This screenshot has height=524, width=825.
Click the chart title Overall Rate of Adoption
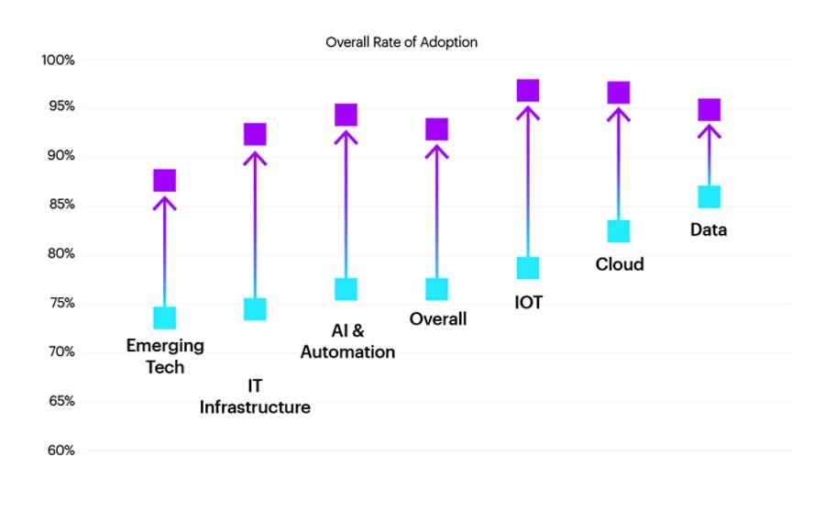coord(401,42)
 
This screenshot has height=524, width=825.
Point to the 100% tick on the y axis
coord(58,60)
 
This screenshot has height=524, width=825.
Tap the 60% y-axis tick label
coord(61,451)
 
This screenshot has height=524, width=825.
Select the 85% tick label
coord(61,205)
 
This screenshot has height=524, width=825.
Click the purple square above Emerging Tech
coord(165,181)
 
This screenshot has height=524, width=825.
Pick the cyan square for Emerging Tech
coord(165,318)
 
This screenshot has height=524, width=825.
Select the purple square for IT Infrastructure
coord(255,134)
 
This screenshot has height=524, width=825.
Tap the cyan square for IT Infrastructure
coord(255,309)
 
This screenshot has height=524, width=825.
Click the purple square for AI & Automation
coord(346,115)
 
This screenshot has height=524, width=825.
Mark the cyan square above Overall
coord(436,289)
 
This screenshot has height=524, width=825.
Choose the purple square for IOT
coord(528,91)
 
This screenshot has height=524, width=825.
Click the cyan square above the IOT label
coord(528,268)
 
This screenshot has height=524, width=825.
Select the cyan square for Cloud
coord(619,231)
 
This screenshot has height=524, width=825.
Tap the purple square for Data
coord(709,109)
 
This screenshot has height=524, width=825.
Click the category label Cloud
coord(620,264)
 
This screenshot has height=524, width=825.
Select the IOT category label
coord(528,302)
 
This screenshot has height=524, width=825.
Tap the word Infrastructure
coord(255,407)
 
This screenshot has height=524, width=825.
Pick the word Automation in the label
coord(347,351)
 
